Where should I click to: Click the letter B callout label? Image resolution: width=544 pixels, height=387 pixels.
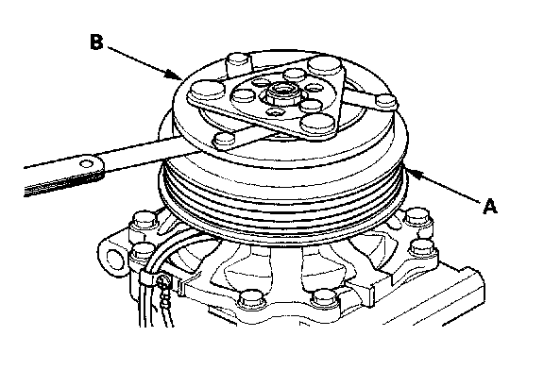point(96,42)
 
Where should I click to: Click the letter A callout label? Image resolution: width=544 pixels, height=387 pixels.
point(490,206)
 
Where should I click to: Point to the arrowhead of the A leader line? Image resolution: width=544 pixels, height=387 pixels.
point(415,174)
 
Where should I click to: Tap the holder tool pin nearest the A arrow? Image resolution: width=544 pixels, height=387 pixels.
point(386,100)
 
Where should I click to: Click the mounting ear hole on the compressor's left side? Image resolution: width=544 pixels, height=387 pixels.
point(114,258)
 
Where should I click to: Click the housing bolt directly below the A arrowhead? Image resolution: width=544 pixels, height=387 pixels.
point(417,218)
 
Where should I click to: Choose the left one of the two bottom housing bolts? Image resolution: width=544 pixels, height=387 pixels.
point(251,298)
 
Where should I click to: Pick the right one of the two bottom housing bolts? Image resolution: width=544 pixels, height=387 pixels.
point(323,298)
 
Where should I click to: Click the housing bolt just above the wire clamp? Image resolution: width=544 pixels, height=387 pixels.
point(143,250)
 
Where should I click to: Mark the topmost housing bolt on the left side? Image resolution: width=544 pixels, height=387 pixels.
point(144,221)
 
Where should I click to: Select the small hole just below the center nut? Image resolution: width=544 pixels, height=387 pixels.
point(276,111)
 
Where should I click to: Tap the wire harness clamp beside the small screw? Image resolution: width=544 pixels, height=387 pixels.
point(147,277)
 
